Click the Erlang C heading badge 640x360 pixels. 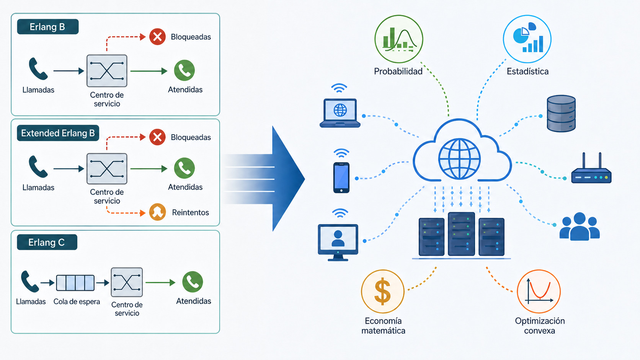click(47, 242)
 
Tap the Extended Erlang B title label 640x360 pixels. click(58, 133)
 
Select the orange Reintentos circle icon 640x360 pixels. click(157, 212)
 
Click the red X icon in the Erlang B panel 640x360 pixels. click(157, 37)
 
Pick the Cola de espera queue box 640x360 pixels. click(75, 283)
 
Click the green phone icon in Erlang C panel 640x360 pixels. click(193, 282)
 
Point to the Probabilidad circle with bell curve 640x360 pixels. click(398, 39)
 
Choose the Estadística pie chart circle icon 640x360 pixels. click(527, 39)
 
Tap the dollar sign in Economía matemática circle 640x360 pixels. click(382, 292)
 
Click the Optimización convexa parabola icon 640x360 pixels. click(539, 292)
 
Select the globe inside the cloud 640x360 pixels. click(459, 159)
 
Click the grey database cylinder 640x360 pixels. click(561, 114)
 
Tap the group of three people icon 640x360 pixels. click(580, 226)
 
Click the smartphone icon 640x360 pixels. click(341, 178)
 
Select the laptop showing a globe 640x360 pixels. click(340, 113)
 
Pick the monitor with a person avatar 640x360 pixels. click(338, 243)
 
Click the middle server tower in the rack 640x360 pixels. click(461, 234)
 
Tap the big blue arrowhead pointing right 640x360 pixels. click(289, 179)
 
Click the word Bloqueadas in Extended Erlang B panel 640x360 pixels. click(191, 137)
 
